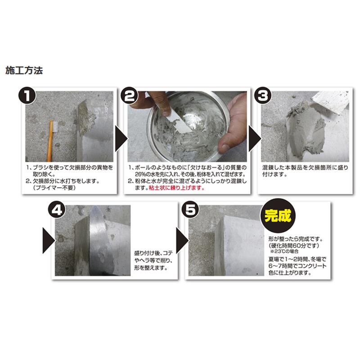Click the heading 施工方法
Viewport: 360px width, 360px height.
coord(24,71)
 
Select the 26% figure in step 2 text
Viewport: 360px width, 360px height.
coord(136,174)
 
